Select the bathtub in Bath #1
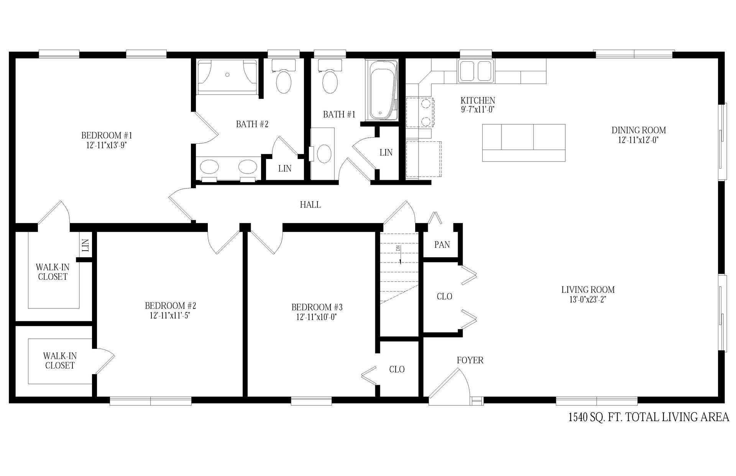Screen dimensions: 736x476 [x=381, y=90]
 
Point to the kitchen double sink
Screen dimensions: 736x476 [x=476, y=71]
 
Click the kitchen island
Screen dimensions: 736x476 [x=524, y=143]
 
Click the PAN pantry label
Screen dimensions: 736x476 [x=442, y=245]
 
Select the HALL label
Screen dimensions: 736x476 [x=310, y=205]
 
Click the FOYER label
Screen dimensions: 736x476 [x=470, y=360]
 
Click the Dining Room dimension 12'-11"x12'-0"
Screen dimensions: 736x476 [x=639, y=140]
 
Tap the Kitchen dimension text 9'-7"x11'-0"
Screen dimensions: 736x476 [x=478, y=110]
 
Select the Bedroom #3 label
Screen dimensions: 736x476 [x=317, y=307]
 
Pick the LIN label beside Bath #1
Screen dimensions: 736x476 [x=386, y=153]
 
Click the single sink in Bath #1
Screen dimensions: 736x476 [x=324, y=153]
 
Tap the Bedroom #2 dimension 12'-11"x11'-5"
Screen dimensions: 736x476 [x=170, y=315]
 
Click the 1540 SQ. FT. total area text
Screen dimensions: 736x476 [x=649, y=417]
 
